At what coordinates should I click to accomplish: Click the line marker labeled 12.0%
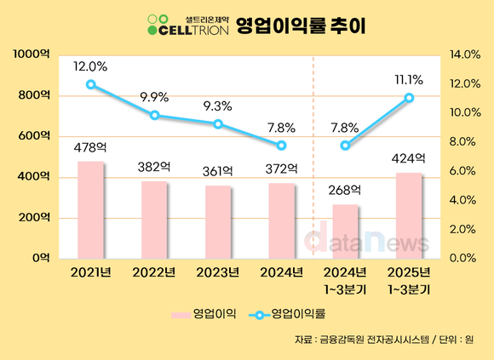90,84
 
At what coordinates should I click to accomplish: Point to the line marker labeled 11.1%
409,98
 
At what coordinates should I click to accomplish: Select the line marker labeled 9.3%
218,124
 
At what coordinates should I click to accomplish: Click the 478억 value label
90,147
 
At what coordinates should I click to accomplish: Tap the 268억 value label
345,190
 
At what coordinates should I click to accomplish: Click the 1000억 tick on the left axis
32,54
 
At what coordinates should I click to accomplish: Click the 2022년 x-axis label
154,273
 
